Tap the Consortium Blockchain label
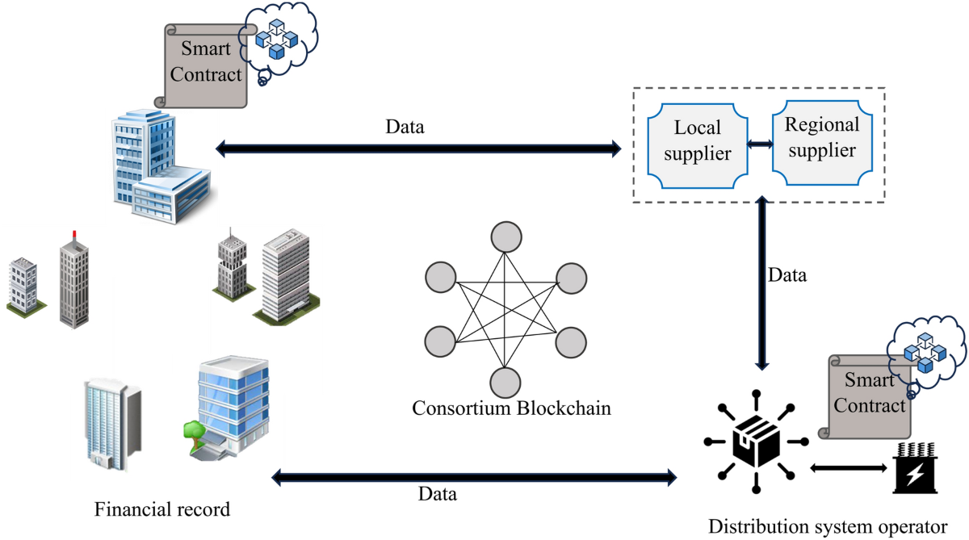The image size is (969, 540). tap(511, 408)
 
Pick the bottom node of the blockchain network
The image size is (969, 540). tap(505, 380)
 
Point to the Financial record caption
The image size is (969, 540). tap(162, 510)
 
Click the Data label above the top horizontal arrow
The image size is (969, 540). tap(405, 128)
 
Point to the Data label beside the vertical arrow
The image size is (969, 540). tap(787, 275)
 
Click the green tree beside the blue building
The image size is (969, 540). tap(193, 432)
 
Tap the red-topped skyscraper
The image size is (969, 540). tap(73, 280)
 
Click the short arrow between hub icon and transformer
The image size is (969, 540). tap(847, 467)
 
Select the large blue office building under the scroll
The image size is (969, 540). tap(157, 168)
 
